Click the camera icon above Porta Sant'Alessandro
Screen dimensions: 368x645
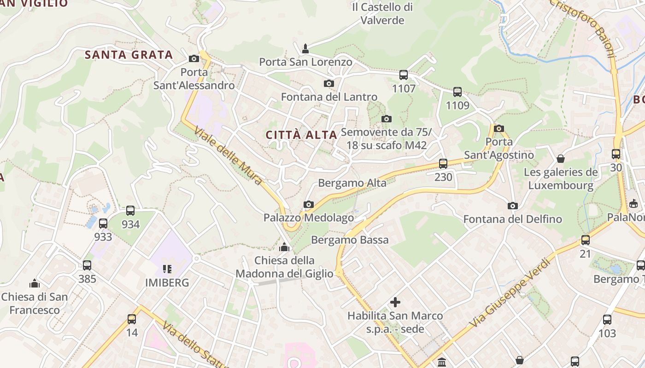(194, 58)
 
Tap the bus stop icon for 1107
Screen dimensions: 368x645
(404, 75)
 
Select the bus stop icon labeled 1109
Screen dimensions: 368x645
(457, 92)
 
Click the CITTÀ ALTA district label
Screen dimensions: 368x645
(302, 135)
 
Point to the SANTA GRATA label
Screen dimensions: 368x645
(129, 55)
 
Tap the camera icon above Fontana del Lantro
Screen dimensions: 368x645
(329, 83)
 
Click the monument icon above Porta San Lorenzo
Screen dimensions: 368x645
(305, 48)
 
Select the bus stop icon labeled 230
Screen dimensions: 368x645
(443, 163)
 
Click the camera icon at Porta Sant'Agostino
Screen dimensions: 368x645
(498, 128)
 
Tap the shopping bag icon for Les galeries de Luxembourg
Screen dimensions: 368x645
(561, 159)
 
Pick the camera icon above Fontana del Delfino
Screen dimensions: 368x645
(512, 206)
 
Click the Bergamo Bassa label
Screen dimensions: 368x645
(350, 240)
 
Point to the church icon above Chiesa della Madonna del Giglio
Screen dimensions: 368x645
(284, 247)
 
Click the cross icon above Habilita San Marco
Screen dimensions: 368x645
(395, 302)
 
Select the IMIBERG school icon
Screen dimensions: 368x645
(167, 269)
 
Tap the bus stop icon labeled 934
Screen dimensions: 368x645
(130, 211)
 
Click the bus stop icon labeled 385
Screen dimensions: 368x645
(87, 265)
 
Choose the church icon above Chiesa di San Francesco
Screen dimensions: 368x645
(35, 283)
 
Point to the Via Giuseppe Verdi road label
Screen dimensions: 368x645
(510, 293)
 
